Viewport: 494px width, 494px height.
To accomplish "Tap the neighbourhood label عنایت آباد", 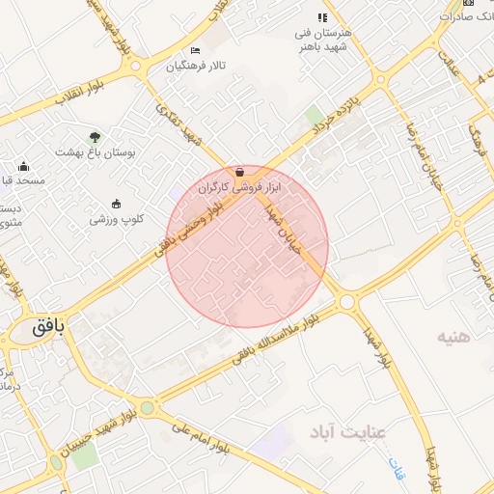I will (346, 430).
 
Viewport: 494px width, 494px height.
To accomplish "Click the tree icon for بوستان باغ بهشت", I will (95, 137).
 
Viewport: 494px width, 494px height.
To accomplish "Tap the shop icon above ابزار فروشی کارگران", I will (239, 172).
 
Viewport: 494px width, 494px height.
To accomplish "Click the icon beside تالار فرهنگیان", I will (196, 50).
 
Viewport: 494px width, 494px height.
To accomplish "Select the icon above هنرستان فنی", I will (323, 17).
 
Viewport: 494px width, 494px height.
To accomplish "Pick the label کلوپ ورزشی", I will (117, 219).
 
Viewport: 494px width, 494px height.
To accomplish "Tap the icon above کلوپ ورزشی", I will (117, 204).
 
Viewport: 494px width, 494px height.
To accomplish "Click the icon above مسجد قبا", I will (24, 166).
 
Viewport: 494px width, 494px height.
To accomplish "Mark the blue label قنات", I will (397, 468).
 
